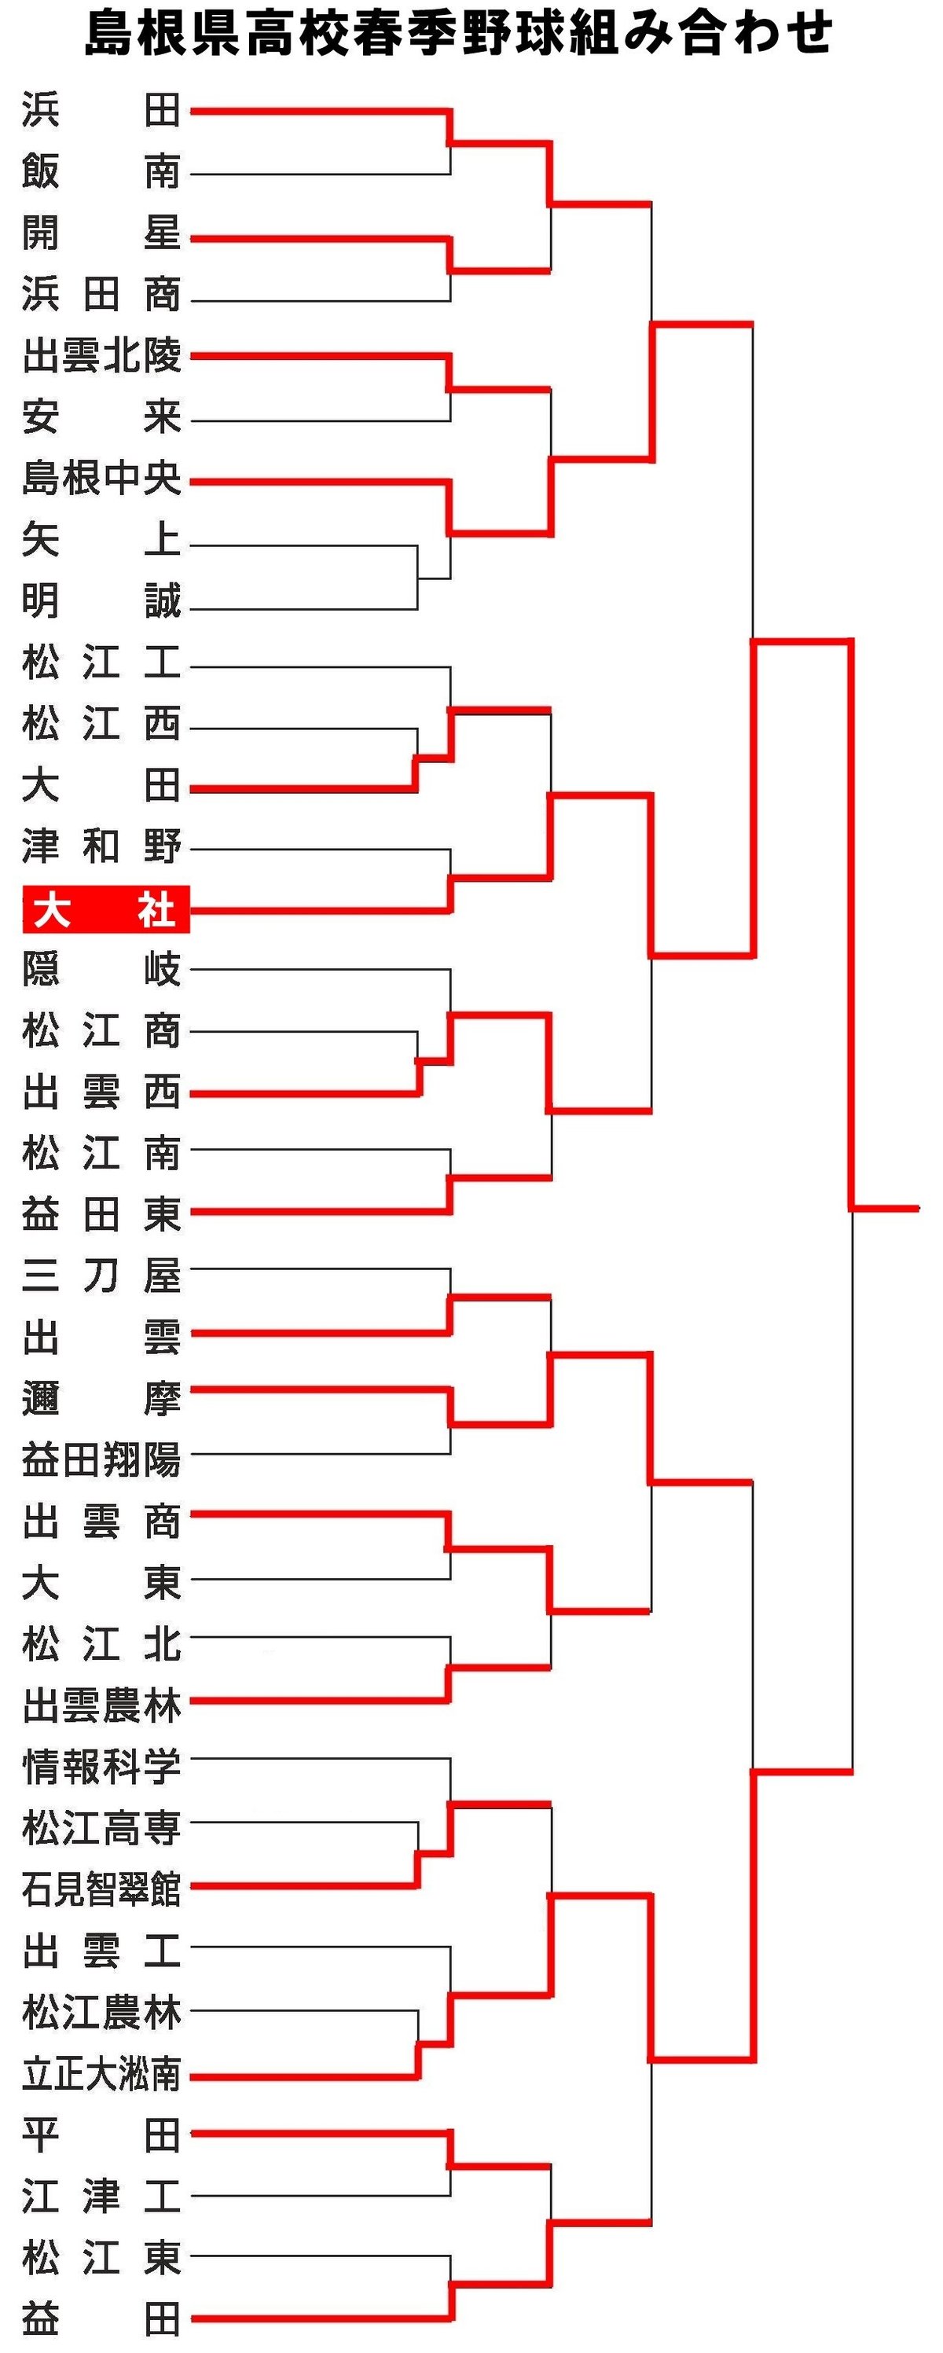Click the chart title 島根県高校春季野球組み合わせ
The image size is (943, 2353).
[458, 33]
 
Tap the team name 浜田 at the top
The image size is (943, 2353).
[101, 111]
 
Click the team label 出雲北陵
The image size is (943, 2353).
[101, 355]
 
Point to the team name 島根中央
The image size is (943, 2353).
[101, 478]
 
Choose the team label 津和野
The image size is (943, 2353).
[101, 846]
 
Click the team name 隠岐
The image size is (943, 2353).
[101, 969]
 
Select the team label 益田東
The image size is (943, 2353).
[101, 1214]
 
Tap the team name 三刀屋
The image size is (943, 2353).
[101, 1276]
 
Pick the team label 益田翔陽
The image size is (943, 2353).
[101, 1459]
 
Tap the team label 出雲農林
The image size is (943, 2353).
[101, 1705]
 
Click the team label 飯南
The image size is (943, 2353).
[101, 172]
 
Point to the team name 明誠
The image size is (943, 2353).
[101, 601]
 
